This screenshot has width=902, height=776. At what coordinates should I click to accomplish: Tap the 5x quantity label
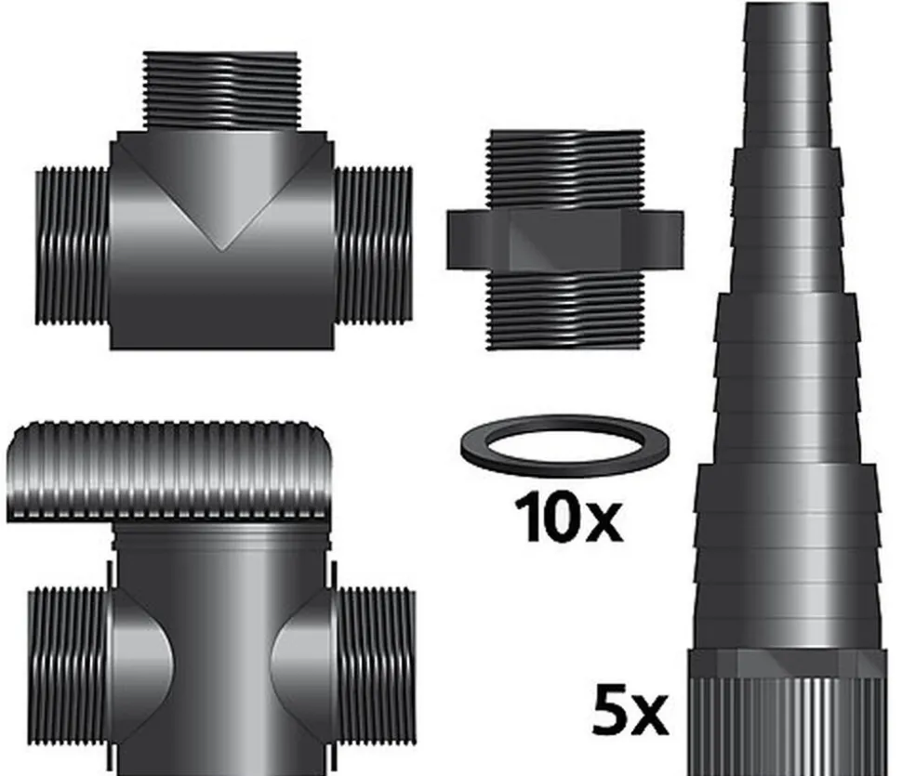630,713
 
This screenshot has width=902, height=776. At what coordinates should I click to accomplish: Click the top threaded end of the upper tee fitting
220,91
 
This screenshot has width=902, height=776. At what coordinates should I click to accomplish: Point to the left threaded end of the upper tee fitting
73,246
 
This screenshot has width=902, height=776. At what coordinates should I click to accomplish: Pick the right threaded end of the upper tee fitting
373,246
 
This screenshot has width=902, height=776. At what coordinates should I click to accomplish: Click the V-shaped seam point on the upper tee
221,247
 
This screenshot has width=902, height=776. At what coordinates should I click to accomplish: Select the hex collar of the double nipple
564,240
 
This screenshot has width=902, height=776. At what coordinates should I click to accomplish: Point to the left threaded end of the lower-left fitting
69,664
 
